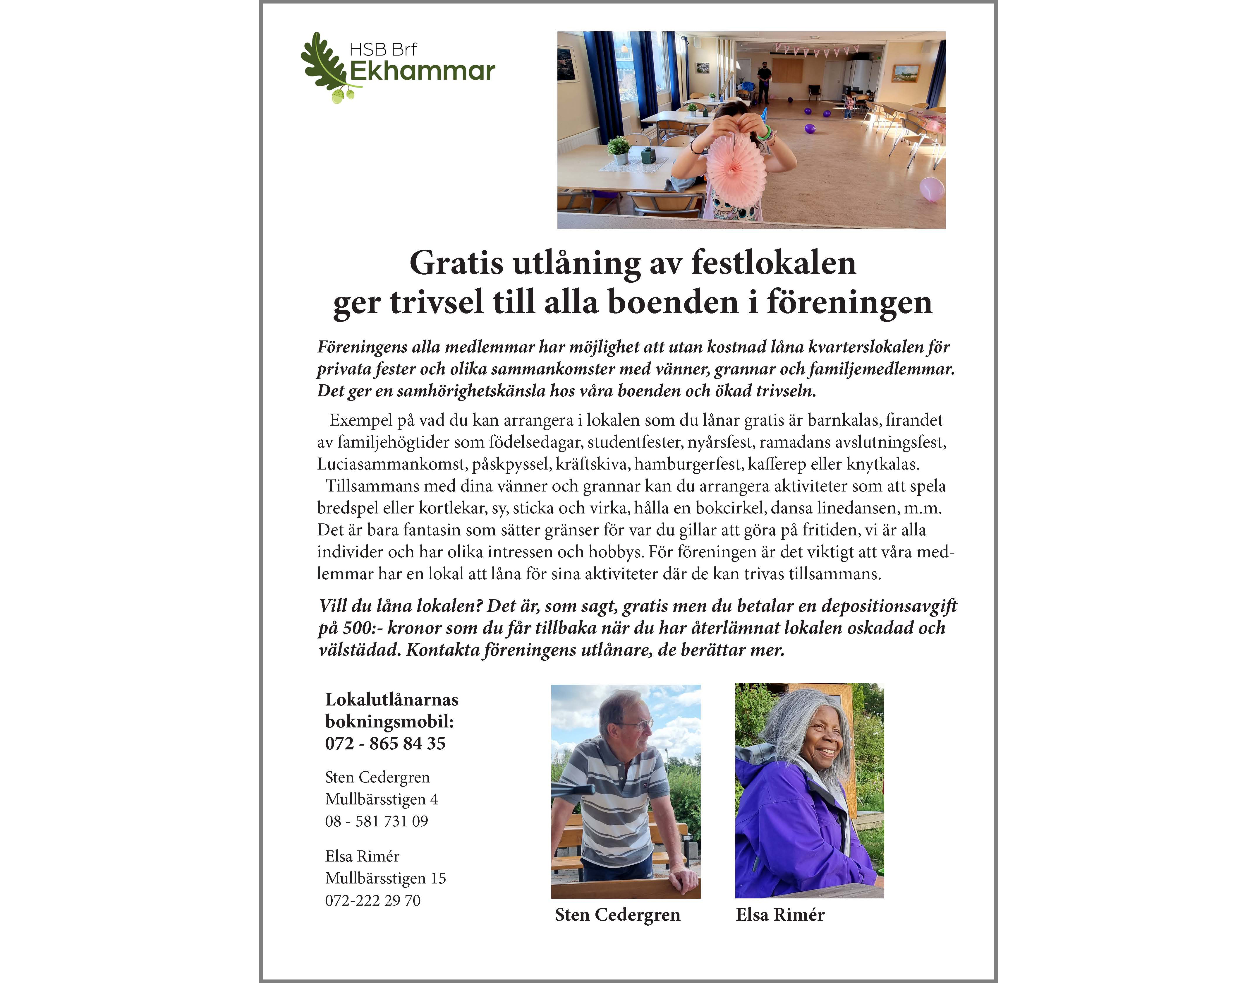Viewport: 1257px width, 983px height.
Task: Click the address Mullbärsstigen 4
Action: (x=381, y=799)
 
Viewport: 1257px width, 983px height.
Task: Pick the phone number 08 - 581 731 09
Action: (x=376, y=821)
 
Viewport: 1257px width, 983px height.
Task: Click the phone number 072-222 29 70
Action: (x=372, y=901)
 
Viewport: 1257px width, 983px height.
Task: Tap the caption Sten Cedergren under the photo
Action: (x=617, y=915)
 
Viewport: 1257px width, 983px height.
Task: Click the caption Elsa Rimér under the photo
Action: (x=780, y=915)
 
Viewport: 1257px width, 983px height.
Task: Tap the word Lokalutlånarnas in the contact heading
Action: (x=391, y=700)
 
